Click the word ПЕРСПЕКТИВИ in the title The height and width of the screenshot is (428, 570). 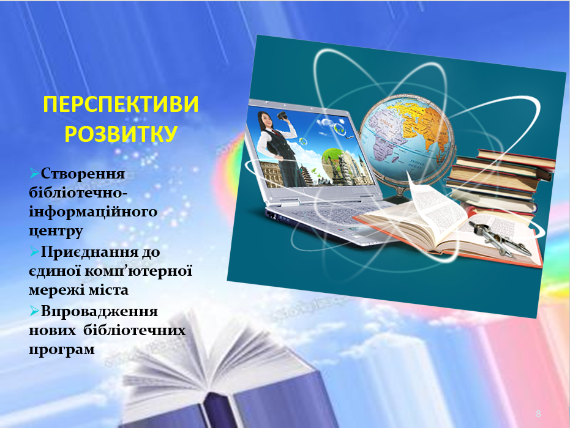[121, 105]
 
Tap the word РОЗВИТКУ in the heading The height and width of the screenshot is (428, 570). [121, 133]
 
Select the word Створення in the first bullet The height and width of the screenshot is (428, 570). [83, 174]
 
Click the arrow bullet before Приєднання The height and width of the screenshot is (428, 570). [34, 251]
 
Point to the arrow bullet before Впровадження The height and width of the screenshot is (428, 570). [34, 311]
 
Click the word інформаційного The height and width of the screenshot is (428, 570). [93, 212]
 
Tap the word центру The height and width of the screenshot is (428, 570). [56, 231]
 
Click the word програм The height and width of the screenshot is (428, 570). [62, 349]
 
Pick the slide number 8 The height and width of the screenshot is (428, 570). [538, 413]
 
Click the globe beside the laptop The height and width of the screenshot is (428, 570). [407, 137]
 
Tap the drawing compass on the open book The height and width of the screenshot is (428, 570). [500, 238]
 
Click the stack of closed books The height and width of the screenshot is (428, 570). [501, 182]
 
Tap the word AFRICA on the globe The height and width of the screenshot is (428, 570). [386, 125]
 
